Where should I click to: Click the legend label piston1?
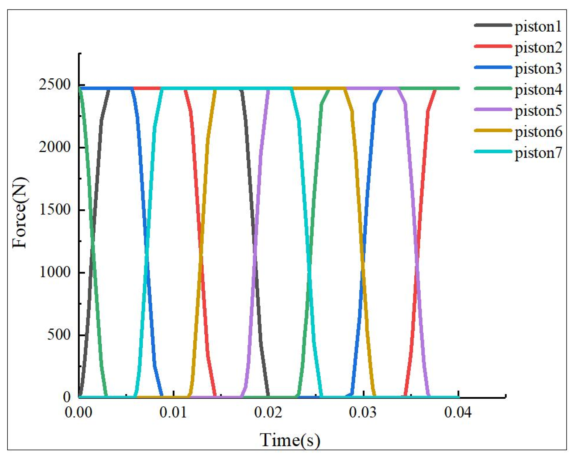pyautogui.click(x=538, y=27)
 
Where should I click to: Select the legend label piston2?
pyautogui.click(x=538, y=48)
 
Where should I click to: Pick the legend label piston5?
pyautogui.click(x=538, y=111)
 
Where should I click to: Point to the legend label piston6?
pyautogui.click(x=538, y=132)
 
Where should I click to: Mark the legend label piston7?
pyautogui.click(x=538, y=153)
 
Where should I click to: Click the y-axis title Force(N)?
pyautogui.click(x=20, y=213)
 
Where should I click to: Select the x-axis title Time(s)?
pyautogui.click(x=290, y=440)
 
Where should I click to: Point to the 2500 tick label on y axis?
pyautogui.click(x=55, y=85)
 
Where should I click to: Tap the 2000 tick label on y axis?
pyautogui.click(x=55, y=147)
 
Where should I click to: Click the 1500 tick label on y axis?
pyautogui.click(x=55, y=210)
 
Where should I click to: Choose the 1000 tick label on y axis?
pyautogui.click(x=55, y=272)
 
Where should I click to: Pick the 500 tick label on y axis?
pyautogui.click(x=59, y=334)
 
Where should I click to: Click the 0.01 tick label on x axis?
pyautogui.click(x=173, y=412)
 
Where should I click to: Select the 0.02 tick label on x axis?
pyautogui.click(x=268, y=412)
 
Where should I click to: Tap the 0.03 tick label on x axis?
pyautogui.click(x=363, y=412)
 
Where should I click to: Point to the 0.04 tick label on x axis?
pyautogui.click(x=458, y=412)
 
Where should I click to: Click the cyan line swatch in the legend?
pyautogui.click(x=493, y=151)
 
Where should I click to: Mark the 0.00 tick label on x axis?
pyautogui.click(x=78, y=412)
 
